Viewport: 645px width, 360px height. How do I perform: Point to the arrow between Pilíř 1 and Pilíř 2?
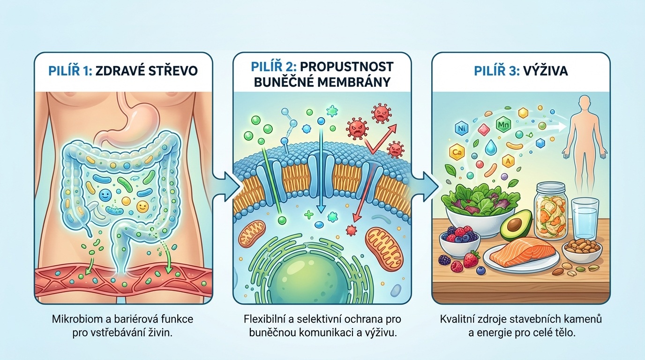[223, 183]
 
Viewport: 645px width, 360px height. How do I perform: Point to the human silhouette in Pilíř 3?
[585, 136]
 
